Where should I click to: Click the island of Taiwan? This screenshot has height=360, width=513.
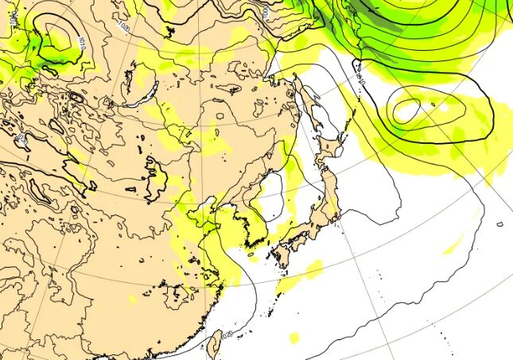(x=214, y=344)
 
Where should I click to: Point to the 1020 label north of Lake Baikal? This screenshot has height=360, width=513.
(x=123, y=26)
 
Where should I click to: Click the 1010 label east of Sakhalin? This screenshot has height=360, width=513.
(x=360, y=79)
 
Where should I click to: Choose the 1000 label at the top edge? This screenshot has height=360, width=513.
(x=265, y=13)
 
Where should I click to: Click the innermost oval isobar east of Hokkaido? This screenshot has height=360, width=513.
(x=407, y=110)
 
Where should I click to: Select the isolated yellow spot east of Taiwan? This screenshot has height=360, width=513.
(x=294, y=339)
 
